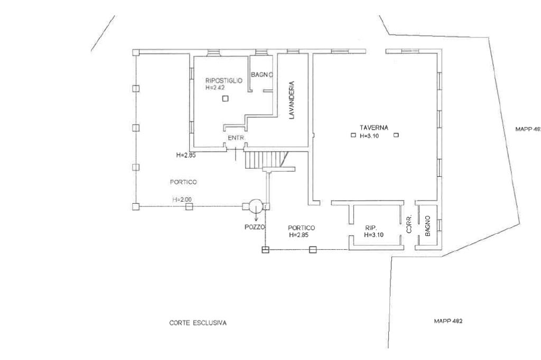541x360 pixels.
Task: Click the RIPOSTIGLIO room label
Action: pos(223,81)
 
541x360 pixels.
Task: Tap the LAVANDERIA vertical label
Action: pos(291,100)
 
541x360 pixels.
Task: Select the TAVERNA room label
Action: pos(374,128)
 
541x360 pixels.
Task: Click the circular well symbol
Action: pos(256,206)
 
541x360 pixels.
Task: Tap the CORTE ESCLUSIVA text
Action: pos(198,323)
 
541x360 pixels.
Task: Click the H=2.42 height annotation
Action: pos(215,88)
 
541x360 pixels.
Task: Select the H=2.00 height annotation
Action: pos(182,200)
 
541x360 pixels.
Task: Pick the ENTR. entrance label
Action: pos(235,138)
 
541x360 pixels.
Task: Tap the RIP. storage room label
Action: pos(370,228)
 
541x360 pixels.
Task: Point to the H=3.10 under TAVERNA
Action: pos(370,136)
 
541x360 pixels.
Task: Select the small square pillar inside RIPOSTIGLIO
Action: pos(225,99)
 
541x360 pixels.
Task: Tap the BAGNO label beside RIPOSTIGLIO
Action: pos(262,75)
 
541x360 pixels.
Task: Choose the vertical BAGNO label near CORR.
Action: pos(428,225)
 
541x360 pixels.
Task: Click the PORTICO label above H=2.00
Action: pos(183,182)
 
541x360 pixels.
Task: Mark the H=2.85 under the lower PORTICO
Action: pos(300,235)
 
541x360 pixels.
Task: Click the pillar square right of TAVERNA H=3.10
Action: pos(396,135)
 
